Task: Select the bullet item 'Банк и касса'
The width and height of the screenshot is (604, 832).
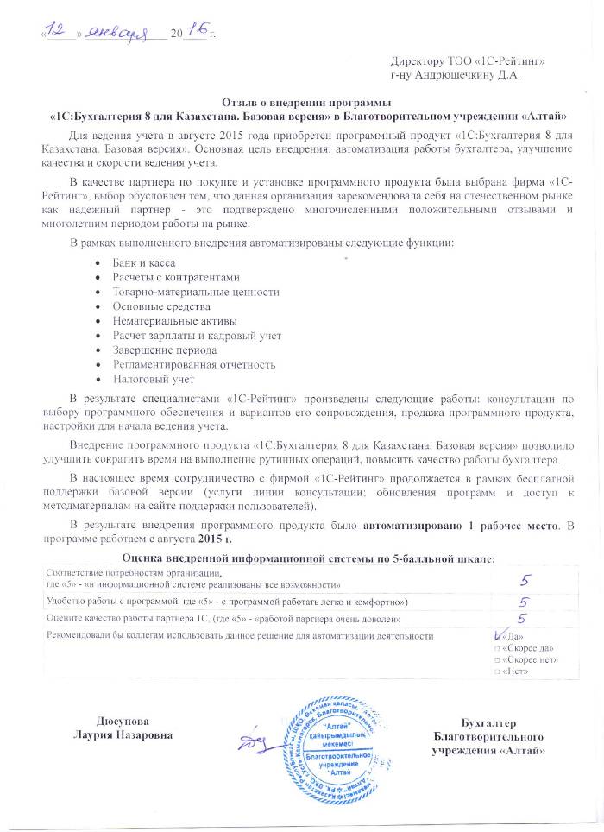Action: tap(144, 262)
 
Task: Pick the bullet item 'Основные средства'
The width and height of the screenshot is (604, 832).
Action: tap(161, 306)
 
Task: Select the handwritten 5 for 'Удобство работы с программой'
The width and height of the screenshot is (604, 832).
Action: tap(522, 601)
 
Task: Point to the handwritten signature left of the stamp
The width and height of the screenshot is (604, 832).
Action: tap(251, 741)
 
